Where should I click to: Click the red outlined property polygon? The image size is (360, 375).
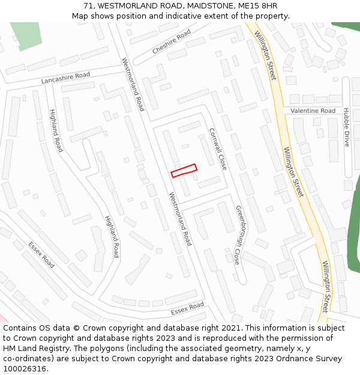pos(184,171)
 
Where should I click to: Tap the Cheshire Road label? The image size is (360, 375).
pos(172,42)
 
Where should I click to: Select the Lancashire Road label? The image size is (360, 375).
pos(65,78)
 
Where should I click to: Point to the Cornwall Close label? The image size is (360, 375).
pos(218,148)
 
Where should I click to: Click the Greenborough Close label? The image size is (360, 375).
pos(237,235)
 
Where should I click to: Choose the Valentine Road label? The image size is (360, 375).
pos(313,111)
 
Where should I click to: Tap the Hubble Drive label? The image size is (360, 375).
pos(346,127)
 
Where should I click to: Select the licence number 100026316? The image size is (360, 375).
pos(25,369)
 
